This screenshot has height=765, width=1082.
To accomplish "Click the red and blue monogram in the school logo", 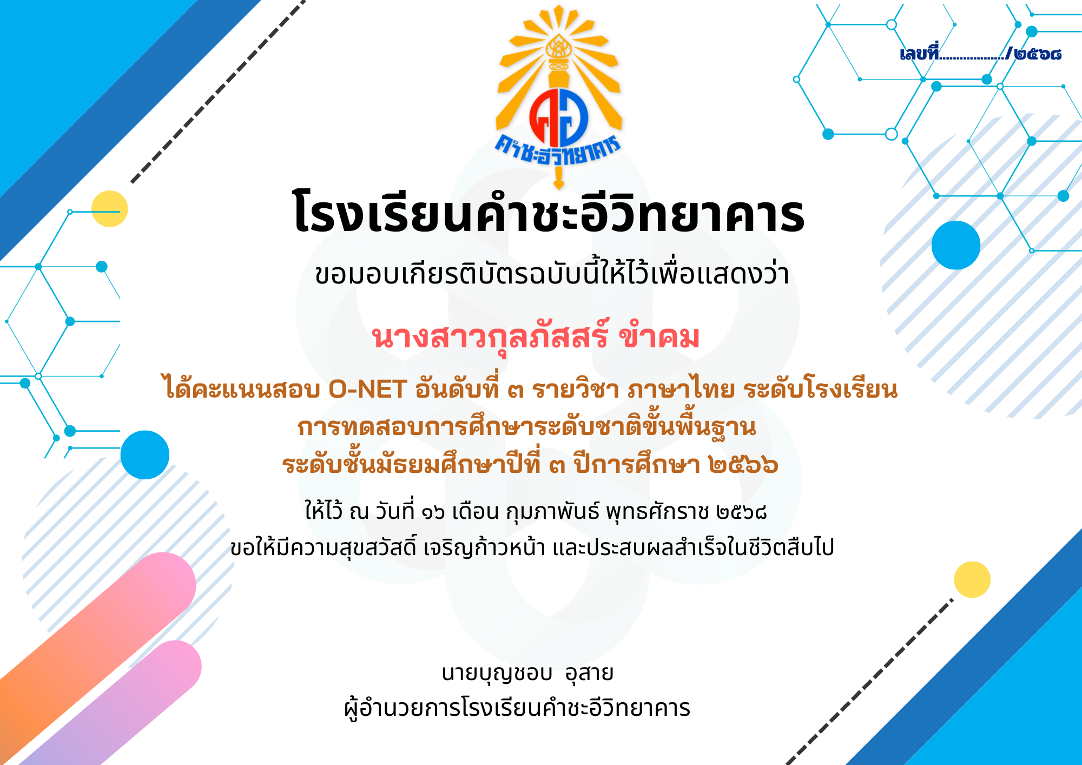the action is pyautogui.click(x=559, y=118).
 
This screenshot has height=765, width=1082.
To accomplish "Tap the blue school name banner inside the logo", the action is pyautogui.click(x=558, y=149).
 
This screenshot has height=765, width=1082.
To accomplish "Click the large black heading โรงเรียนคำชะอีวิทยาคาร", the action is pyautogui.click(x=549, y=213).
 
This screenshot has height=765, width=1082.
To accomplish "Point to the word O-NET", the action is pyautogui.click(x=368, y=389).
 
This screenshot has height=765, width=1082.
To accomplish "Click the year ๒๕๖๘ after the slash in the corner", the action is pyautogui.click(x=1038, y=54).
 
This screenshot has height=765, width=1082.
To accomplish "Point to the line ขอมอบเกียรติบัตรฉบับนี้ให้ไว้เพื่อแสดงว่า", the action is pyautogui.click(x=552, y=274).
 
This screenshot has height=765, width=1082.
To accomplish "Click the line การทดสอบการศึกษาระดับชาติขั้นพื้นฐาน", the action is pyautogui.click(x=526, y=427).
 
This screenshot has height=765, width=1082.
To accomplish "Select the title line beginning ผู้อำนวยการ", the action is pyautogui.click(x=517, y=708).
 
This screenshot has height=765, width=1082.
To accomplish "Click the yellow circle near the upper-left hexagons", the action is pyautogui.click(x=110, y=208).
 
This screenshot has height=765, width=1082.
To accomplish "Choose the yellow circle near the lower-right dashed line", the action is pyautogui.click(x=972, y=579).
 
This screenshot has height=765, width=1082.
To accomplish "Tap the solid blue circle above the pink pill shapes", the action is pyautogui.click(x=145, y=455).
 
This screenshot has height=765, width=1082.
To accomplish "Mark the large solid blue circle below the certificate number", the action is pyautogui.click(x=956, y=245).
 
